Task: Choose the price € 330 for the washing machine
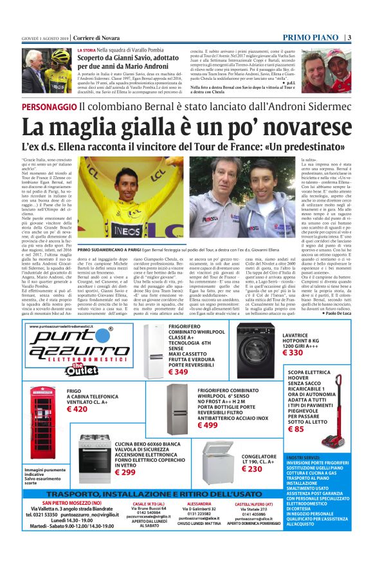click(293, 353)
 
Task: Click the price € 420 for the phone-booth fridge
click(77, 409)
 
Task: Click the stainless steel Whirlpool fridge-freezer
click(179, 410)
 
